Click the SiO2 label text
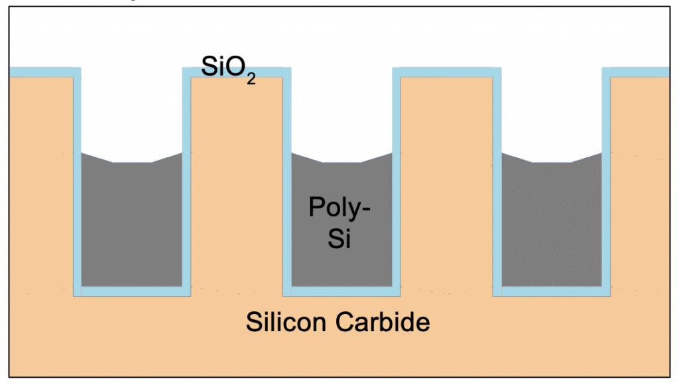(228, 69)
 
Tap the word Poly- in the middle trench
(339, 208)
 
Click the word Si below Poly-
(339, 238)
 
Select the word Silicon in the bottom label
(286, 322)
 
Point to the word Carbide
(383, 322)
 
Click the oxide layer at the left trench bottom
(132, 291)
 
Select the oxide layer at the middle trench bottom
(341, 291)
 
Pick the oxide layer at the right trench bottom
(552, 291)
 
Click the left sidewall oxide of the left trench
(77, 182)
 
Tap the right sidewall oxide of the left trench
(186, 182)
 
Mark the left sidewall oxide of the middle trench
(287, 182)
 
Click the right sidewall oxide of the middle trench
(397, 182)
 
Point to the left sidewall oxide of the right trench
(497, 182)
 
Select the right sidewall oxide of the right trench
(606, 182)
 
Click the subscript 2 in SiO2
(251, 79)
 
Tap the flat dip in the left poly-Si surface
(132, 163)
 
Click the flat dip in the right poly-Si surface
(552, 163)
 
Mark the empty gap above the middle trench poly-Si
(341, 115)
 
